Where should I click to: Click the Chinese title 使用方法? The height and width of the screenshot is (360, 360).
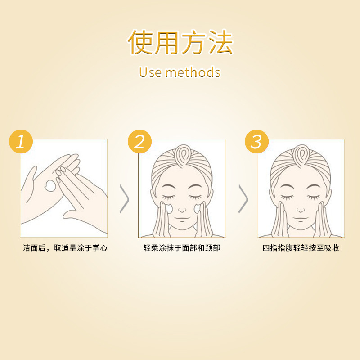[x=180, y=42]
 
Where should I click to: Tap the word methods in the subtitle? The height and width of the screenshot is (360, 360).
[x=193, y=72]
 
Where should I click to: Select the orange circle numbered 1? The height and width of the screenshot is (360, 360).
[x=21, y=141]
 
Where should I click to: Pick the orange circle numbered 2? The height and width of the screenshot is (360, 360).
[x=139, y=141]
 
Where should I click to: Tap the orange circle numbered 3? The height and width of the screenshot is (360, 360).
[x=256, y=141]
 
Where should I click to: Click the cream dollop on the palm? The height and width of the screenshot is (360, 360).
[x=50, y=185]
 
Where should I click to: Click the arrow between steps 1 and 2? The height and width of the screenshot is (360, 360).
[x=125, y=199]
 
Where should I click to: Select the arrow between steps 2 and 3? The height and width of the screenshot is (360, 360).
[x=243, y=199]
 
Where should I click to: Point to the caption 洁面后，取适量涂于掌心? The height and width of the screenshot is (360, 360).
[x=65, y=248]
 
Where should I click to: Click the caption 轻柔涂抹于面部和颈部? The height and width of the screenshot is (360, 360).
[x=182, y=248]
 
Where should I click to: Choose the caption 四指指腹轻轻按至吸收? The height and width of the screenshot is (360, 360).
[x=301, y=248]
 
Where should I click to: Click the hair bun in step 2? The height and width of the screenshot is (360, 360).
[x=183, y=155]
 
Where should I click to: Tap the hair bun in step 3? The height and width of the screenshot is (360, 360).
[x=301, y=155]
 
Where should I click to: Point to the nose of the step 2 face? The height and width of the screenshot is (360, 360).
[x=182, y=210]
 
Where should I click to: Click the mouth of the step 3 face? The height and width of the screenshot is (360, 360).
[x=300, y=218]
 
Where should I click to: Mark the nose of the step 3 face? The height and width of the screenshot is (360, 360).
[x=301, y=210]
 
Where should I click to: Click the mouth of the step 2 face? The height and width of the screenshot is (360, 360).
[x=182, y=218]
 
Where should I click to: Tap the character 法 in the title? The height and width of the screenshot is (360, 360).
[x=220, y=42]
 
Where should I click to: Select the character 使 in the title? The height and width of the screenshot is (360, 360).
[x=140, y=42]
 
